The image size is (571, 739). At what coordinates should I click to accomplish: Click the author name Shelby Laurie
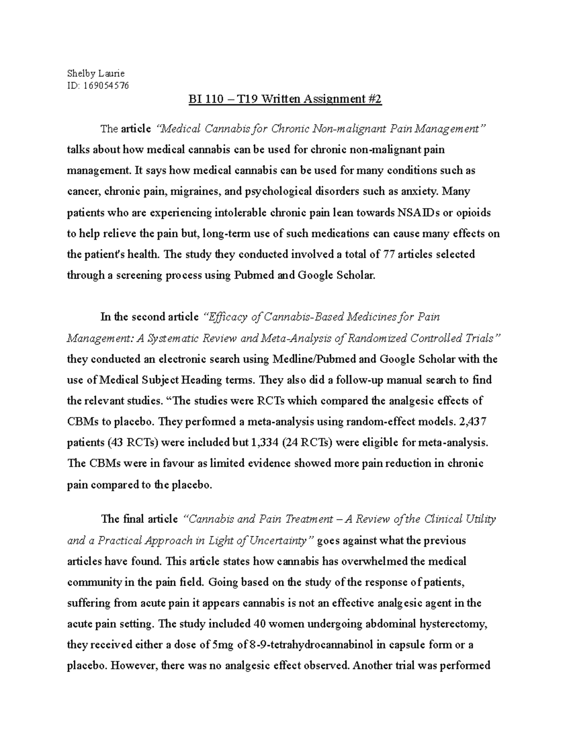(96, 73)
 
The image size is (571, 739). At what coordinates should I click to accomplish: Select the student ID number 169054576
(106, 86)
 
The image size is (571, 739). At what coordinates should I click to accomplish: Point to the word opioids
(472, 213)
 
